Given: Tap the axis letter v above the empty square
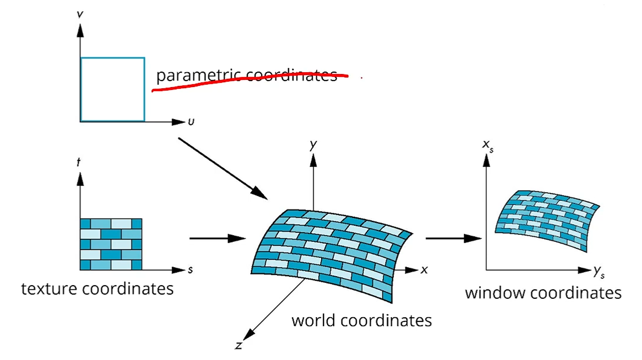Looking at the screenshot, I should (79, 15).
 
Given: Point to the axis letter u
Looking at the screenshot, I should (191, 121).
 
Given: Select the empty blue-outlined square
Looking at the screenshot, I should (112, 89).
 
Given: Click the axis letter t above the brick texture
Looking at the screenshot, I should (79, 162).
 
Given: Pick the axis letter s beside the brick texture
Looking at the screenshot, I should (191, 270).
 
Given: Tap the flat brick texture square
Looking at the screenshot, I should (111, 244).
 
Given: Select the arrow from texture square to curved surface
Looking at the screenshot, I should (218, 239).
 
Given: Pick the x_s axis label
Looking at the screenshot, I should (488, 145).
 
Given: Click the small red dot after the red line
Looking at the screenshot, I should (361, 78).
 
